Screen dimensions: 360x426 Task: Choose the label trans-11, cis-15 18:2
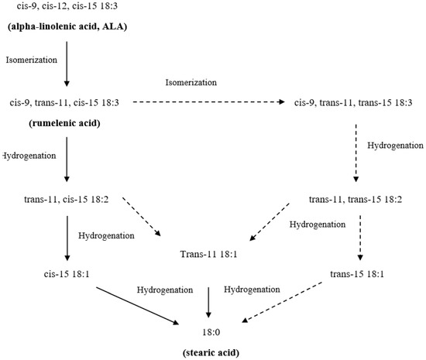tap(67, 200)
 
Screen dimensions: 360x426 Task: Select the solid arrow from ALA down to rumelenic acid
tap(67, 63)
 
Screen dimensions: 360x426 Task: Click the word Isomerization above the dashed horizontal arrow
tap(194, 81)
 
